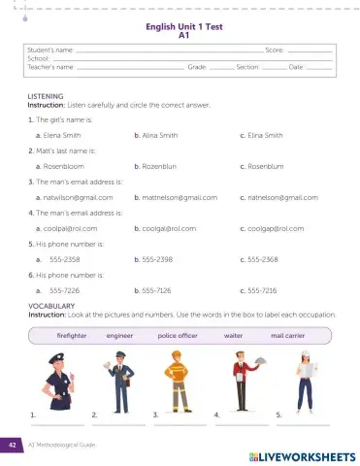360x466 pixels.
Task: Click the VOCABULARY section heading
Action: [x=50, y=306]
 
